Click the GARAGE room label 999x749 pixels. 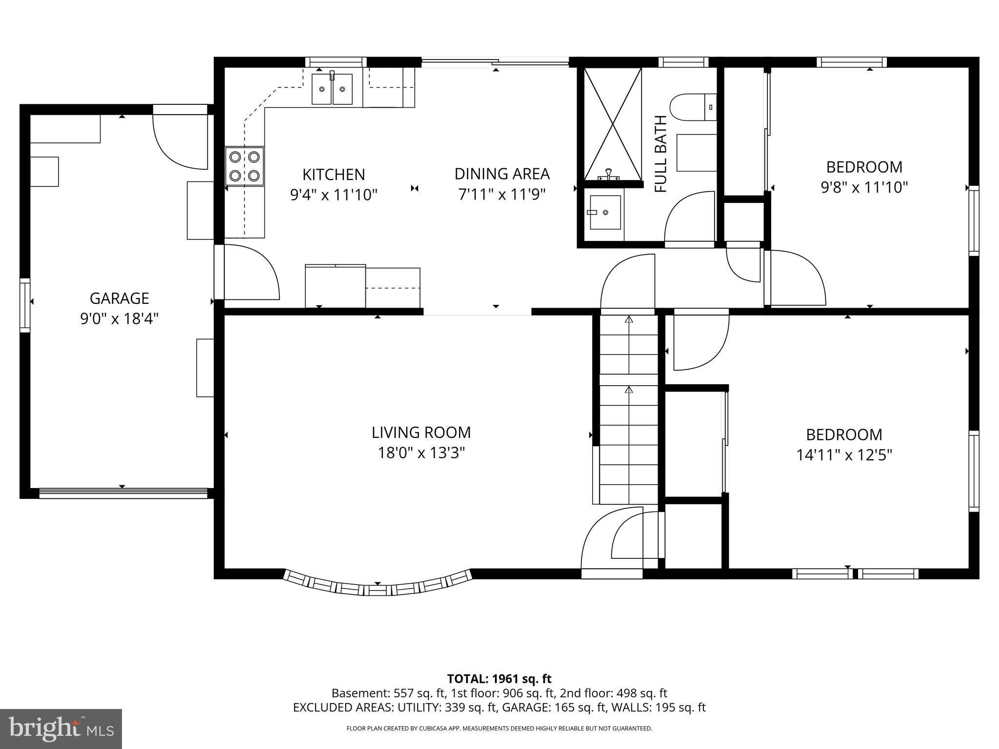pyautogui.click(x=119, y=298)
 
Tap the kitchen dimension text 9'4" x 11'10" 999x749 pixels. pyautogui.click(x=334, y=195)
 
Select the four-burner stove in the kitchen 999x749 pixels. pyautogui.click(x=244, y=166)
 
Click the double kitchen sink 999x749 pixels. pyautogui.click(x=332, y=89)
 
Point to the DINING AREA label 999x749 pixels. pyautogui.click(x=502, y=174)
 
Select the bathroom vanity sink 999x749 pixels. pyautogui.click(x=605, y=212)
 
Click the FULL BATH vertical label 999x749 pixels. pyautogui.click(x=660, y=154)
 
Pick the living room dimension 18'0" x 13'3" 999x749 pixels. pyautogui.click(x=421, y=453)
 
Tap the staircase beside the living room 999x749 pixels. pyautogui.click(x=629, y=410)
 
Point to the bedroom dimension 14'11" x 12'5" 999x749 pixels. pyautogui.click(x=844, y=455)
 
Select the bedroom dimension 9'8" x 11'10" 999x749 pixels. pyautogui.click(x=864, y=187)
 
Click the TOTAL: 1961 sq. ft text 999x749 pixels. pyautogui.click(x=499, y=679)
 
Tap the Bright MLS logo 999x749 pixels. pyautogui.click(x=61, y=729)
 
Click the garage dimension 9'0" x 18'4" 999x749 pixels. pyautogui.click(x=119, y=319)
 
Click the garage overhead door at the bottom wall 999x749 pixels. pyautogui.click(x=123, y=493)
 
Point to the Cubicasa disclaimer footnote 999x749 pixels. pyautogui.click(x=499, y=729)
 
